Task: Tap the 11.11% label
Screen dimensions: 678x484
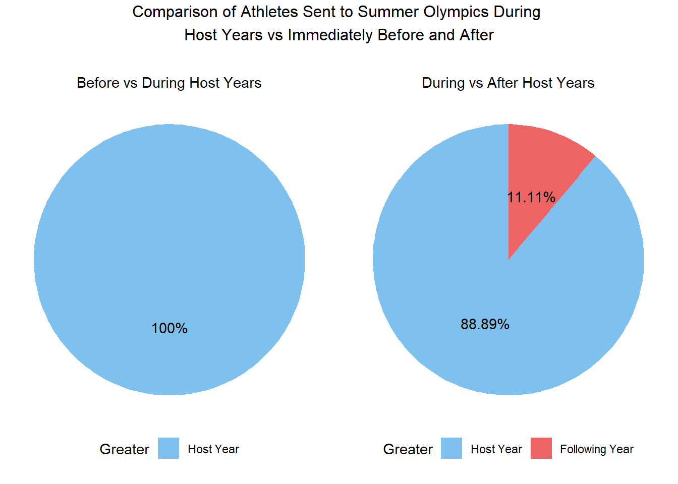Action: point(531,197)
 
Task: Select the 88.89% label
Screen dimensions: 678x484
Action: point(485,324)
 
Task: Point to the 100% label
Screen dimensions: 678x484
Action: point(169,328)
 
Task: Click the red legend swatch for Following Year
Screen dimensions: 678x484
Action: point(541,448)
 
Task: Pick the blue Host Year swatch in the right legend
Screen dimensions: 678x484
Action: point(451,448)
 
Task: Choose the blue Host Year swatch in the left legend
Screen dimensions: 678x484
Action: point(168,448)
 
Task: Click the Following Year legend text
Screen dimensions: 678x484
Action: point(597,449)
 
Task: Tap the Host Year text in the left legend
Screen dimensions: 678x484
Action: point(213,449)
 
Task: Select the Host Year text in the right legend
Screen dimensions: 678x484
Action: point(496,449)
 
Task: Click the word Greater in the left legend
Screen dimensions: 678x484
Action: point(125,449)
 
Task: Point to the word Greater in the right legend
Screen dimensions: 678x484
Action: point(408,449)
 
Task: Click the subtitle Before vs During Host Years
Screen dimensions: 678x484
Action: point(169,83)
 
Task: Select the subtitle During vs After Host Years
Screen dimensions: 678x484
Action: point(508,83)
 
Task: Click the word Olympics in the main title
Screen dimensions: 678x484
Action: point(456,13)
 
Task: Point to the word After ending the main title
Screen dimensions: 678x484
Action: point(477,35)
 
